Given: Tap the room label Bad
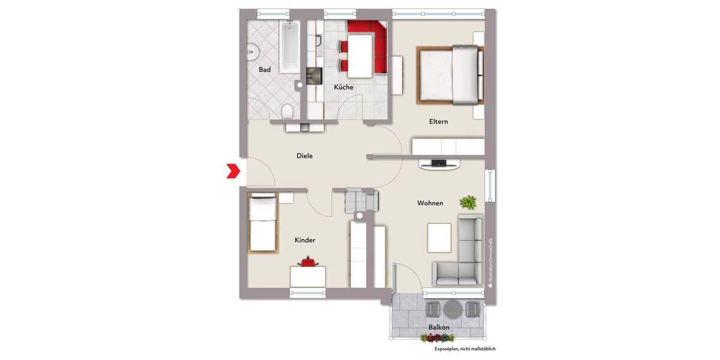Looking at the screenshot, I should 265,70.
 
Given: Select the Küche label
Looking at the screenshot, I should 343,87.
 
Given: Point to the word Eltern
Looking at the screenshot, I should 439,121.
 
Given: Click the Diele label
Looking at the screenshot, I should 305,156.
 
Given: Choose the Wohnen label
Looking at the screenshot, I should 430,203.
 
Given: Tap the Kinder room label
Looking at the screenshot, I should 305,240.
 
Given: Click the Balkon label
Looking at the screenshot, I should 439,327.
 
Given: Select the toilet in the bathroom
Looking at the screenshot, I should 287,112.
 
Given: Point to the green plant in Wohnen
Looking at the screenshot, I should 467,202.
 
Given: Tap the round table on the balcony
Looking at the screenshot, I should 452,309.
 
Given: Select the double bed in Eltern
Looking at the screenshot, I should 450,74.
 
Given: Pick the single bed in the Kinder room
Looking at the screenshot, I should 262,223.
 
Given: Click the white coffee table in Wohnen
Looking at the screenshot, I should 439,238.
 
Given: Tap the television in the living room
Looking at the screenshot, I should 439,162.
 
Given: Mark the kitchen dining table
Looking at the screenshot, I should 360,56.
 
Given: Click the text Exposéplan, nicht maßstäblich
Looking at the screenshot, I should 465,349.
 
